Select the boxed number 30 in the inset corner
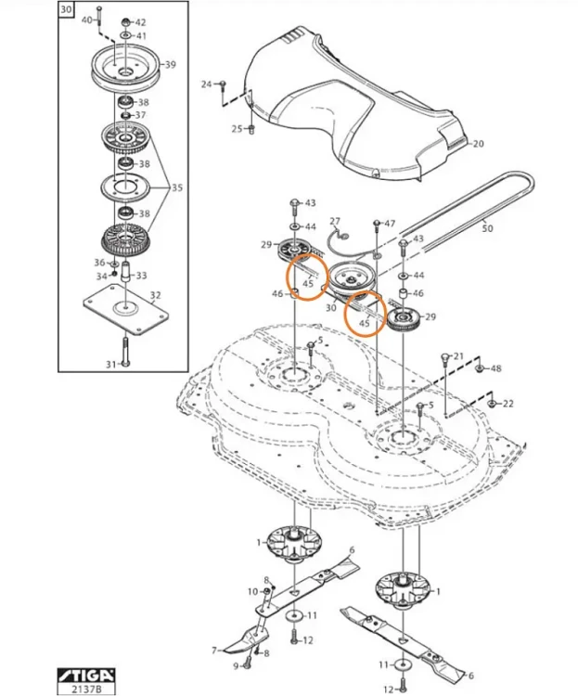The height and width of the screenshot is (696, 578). pos(64,11)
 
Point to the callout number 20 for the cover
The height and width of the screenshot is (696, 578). pos(479,144)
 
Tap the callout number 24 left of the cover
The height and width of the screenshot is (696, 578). pos(207,84)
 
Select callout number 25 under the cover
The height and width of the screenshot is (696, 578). pos(237,128)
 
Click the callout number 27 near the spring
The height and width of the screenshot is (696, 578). pos(336,221)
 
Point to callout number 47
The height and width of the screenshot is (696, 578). pos(390,224)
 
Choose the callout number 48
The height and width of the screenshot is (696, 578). pos(495,368)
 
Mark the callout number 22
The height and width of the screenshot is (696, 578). pos(507,404)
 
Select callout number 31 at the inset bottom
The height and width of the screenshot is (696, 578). pos(110,364)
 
